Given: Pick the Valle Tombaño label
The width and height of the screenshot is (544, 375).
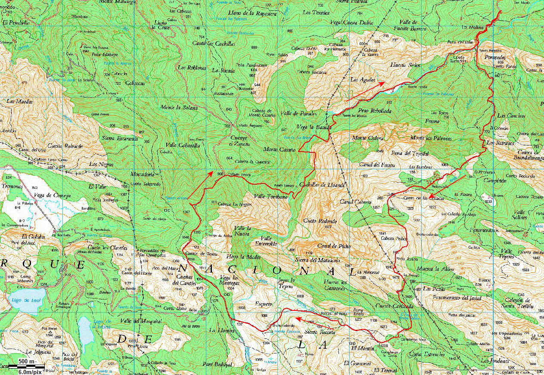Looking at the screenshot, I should [270, 196].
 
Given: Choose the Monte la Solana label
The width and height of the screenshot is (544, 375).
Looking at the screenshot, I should [179, 107].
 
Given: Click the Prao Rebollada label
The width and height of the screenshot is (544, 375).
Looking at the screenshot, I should [374, 111].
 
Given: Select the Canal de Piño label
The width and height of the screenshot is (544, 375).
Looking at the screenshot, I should [334, 246].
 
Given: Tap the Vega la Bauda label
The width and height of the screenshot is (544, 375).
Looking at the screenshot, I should [314, 127].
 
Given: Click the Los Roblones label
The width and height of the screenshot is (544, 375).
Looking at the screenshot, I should [192, 68].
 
